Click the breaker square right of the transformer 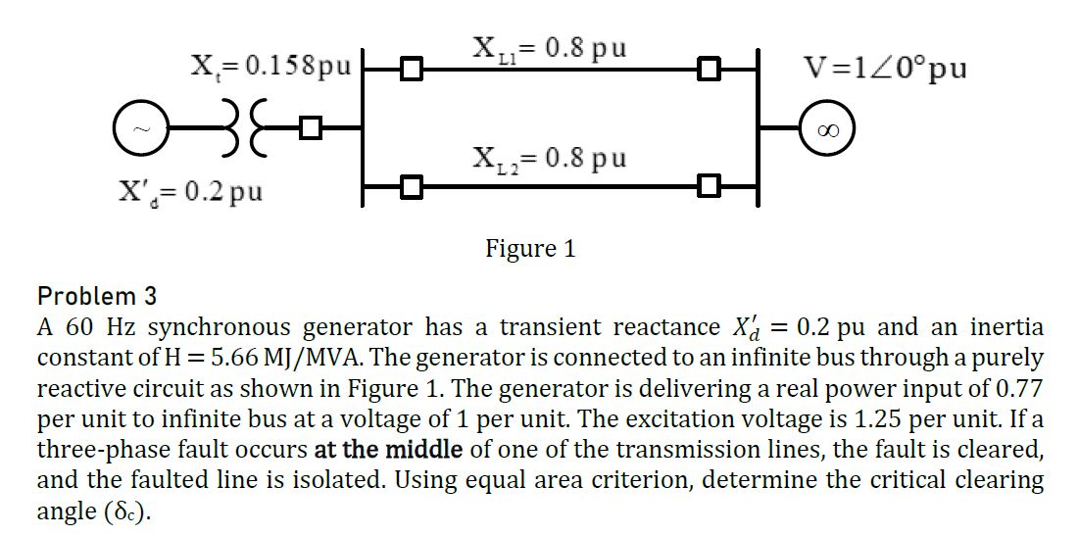(x=312, y=127)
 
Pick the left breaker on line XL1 (x=413, y=70)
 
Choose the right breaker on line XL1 (x=708, y=70)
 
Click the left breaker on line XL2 (x=413, y=184)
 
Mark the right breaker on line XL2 (x=708, y=184)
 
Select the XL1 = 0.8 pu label (x=549, y=47)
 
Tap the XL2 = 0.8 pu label (x=549, y=157)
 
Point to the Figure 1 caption (x=530, y=249)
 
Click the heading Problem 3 (x=96, y=296)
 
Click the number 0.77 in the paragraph (x=1019, y=389)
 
